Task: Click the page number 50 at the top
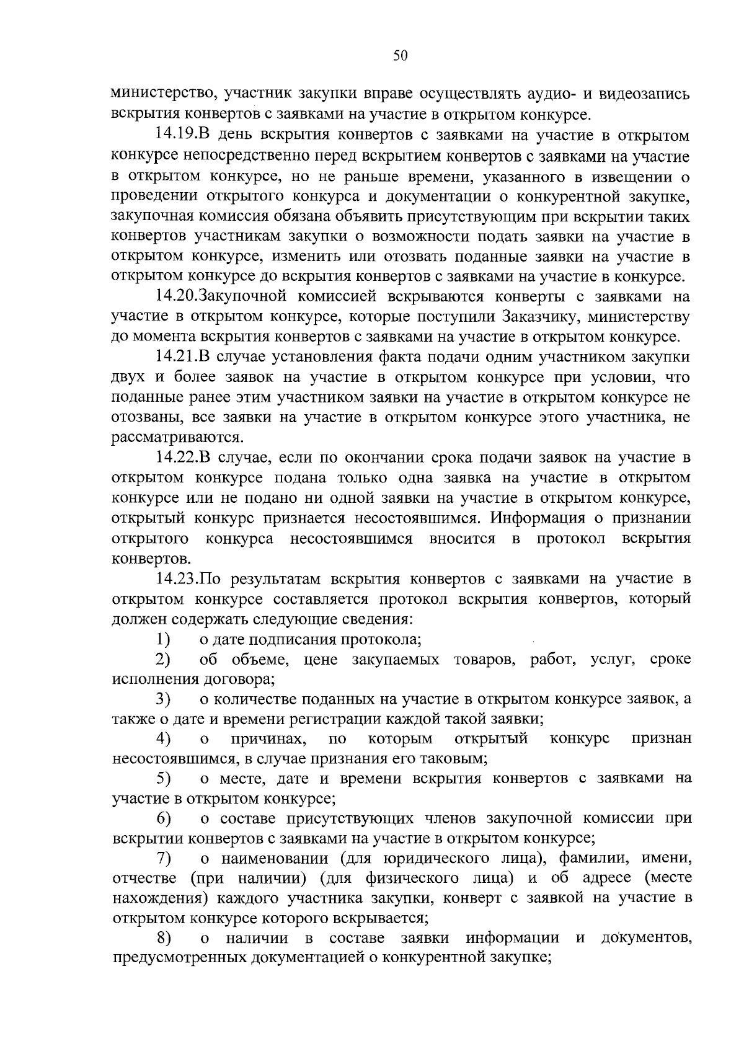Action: [400, 56]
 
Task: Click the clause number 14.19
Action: [176, 136]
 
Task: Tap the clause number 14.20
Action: [176, 297]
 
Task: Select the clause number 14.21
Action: [176, 357]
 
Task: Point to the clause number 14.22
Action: [176, 458]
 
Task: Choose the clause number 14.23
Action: [176, 579]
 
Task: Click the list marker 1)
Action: [163, 639]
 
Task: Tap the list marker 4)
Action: [163, 738]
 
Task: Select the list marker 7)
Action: [163, 859]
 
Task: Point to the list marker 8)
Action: [163, 938]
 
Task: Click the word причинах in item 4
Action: [268, 739]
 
